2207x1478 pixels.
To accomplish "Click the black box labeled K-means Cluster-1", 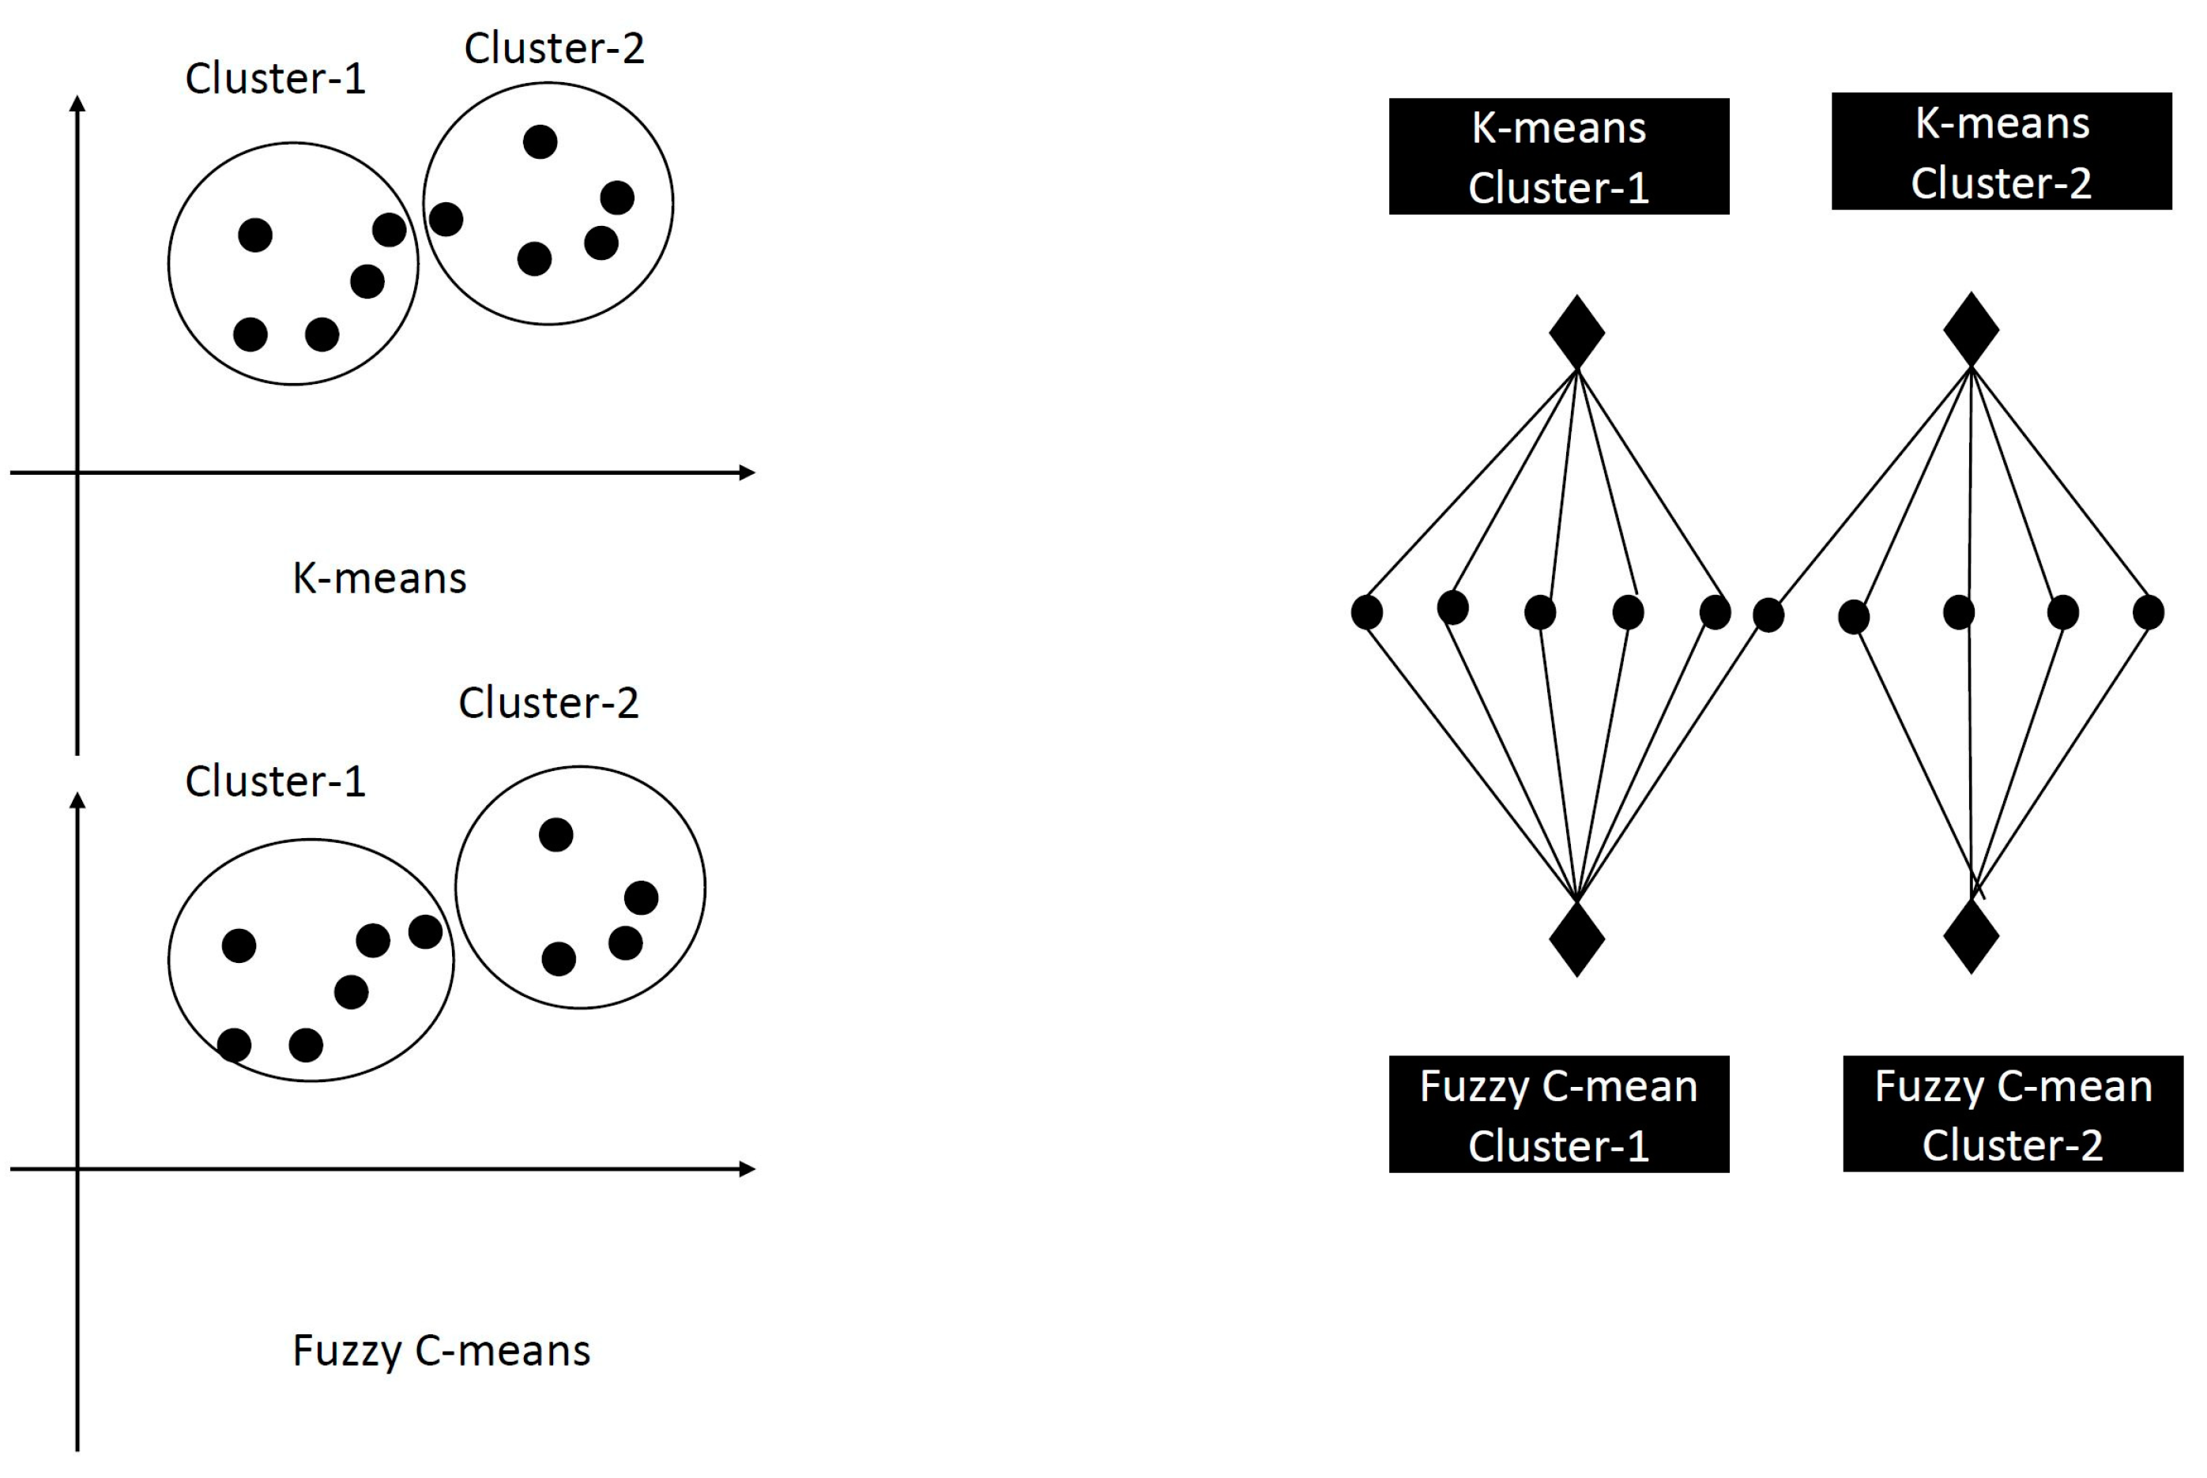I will [1557, 156].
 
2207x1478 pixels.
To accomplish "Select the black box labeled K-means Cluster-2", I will [2001, 151].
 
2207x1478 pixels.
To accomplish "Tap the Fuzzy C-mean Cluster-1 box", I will [1557, 1114].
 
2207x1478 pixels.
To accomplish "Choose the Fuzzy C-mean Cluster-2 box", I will [2012, 1113].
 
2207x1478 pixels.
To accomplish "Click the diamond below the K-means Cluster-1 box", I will [1576, 332].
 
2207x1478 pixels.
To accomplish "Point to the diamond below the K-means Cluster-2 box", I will [1971, 329].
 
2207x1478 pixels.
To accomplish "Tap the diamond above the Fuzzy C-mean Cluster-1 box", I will [1576, 938].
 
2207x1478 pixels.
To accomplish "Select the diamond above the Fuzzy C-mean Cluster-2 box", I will [1971, 936].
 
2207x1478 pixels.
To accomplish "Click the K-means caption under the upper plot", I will [379, 577].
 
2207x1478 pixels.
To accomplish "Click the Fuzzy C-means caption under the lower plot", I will [441, 1350].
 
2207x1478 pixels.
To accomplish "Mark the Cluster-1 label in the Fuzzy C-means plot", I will [274, 780].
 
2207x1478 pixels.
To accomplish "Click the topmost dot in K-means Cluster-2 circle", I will [540, 141].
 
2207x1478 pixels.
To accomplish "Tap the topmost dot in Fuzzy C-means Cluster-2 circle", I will [556, 834].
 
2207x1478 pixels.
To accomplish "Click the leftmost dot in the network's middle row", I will [1366, 611].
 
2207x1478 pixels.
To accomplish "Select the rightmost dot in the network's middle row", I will [2148, 611].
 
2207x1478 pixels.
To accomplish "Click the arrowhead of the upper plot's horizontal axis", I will [747, 472].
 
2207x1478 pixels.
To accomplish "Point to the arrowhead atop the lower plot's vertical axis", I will [78, 800].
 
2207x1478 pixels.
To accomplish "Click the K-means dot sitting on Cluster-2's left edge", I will [446, 219].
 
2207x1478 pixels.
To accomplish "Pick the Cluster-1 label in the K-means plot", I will [274, 78].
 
